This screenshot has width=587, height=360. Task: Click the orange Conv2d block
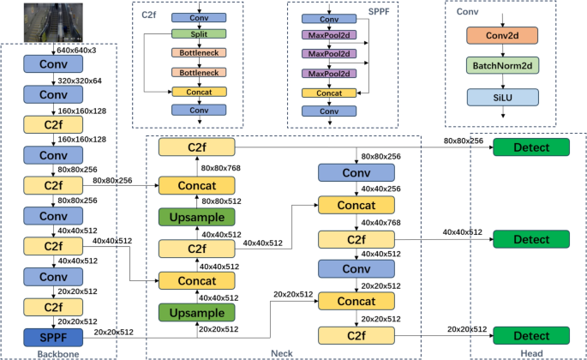(504, 34)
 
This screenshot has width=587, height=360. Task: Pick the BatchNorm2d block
(504, 65)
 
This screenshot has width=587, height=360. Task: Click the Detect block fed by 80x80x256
(530, 147)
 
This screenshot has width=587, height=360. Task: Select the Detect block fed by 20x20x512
(530, 335)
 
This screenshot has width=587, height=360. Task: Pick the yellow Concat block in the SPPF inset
(323, 93)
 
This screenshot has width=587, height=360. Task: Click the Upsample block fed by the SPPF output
(195, 315)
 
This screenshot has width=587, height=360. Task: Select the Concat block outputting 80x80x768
(195, 186)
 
